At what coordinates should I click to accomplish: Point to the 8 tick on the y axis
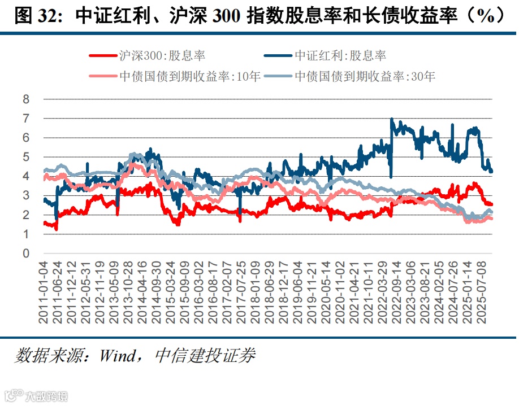click(x=25, y=99)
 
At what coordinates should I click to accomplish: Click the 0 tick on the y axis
click(x=25, y=254)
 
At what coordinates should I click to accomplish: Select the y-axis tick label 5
click(x=25, y=157)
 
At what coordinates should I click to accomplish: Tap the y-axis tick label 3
click(x=25, y=196)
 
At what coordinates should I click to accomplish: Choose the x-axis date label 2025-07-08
click(x=483, y=293)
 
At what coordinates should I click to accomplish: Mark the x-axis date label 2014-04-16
click(x=154, y=293)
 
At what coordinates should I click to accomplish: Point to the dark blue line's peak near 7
click(x=392, y=120)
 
